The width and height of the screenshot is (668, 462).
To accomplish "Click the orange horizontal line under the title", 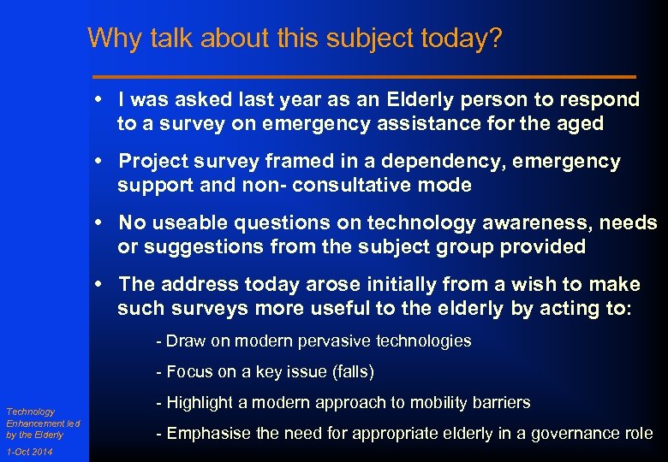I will click(x=364, y=75).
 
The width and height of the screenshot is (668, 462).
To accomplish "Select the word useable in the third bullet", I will click(x=185, y=223).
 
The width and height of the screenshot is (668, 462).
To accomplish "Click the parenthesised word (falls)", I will click(x=349, y=371).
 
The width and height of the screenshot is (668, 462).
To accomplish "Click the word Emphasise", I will click(x=204, y=433).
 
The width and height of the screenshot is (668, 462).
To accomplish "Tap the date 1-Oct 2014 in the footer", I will click(x=28, y=452).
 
